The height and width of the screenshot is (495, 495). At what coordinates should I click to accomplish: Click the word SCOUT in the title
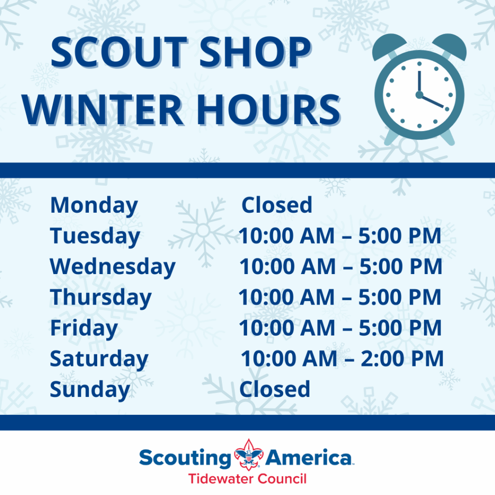coord(119,52)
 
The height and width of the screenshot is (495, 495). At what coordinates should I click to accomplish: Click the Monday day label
coord(94,206)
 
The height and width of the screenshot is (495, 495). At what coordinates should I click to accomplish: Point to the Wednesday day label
coord(113,267)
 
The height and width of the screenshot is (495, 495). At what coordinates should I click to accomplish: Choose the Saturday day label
coord(99,359)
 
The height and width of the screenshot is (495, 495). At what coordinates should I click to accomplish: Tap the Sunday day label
coord(90,390)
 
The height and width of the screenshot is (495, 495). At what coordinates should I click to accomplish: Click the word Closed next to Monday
coord(277,205)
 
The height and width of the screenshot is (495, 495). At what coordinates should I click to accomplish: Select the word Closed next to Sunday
coord(275,389)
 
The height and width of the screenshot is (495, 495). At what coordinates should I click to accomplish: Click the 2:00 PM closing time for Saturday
coord(402,359)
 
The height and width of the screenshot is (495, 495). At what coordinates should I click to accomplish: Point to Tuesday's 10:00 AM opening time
coord(286,236)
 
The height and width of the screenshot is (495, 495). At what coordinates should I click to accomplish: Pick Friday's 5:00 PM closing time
coord(400,328)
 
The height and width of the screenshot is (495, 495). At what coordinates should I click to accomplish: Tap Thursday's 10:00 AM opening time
coord(286,297)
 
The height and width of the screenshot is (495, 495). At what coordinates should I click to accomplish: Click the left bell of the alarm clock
coord(389,46)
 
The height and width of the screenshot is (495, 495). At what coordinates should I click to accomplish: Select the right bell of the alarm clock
coord(450,46)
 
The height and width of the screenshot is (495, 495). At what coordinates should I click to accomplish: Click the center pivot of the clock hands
coord(419,94)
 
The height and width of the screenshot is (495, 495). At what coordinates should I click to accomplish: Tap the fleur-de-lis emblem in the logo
coord(249,455)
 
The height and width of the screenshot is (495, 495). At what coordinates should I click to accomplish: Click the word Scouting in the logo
coord(186,458)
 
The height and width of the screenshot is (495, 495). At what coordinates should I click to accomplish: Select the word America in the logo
coord(309,457)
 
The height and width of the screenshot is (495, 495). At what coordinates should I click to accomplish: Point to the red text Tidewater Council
coord(247,479)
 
